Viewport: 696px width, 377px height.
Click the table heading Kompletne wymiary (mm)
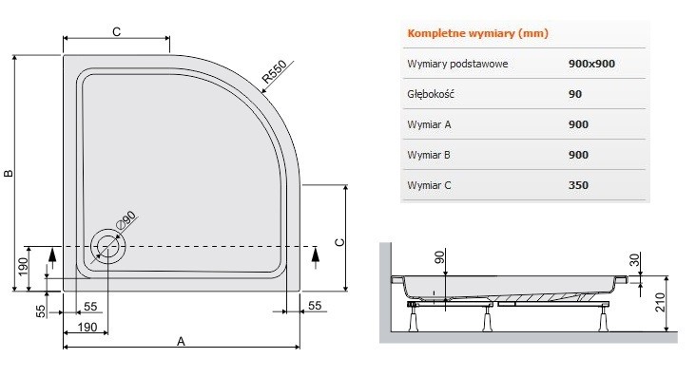click(x=477, y=33)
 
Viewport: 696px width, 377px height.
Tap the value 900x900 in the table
click(x=590, y=64)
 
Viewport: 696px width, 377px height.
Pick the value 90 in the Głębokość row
click(x=575, y=94)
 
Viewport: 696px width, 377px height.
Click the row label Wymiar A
click(x=430, y=124)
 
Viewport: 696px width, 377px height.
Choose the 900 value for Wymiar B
click(x=578, y=155)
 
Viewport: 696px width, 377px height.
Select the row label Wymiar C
click(x=430, y=185)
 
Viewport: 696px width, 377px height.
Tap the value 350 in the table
click(x=578, y=185)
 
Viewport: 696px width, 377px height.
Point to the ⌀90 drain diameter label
click(x=127, y=219)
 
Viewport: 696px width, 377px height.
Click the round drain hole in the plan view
click(x=106, y=246)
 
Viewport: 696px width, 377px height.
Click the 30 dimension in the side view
click(x=635, y=258)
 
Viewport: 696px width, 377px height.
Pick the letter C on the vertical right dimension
click(x=338, y=241)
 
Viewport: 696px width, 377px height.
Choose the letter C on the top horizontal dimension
click(x=115, y=31)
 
